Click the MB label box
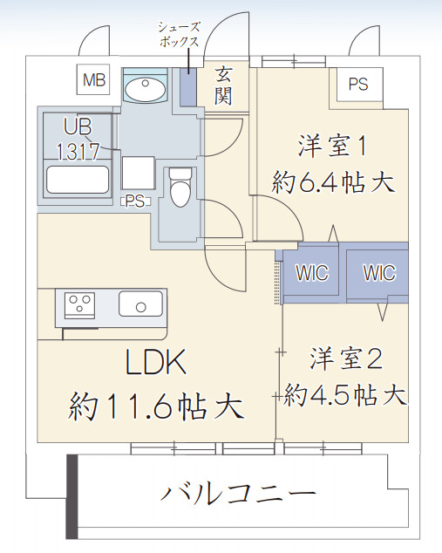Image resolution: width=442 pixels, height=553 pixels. tap(94, 81)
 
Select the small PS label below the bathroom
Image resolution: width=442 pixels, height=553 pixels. tap(134, 201)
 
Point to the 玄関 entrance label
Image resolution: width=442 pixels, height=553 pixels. tap(224, 85)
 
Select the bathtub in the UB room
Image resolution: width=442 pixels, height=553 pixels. tap(77, 181)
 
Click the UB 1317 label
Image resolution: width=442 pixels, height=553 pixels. tap(78, 137)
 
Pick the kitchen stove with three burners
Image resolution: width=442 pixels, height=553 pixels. tap(81, 305)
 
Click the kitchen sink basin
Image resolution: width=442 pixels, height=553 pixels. tap(140, 305)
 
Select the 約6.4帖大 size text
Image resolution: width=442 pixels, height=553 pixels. tap(334, 182)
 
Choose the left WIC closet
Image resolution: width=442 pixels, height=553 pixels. tap(311, 273)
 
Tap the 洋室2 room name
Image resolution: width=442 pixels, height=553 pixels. tap(346, 358)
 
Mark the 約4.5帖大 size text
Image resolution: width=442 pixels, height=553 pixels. tap(346, 394)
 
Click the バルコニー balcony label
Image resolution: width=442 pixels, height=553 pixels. tap(237, 495)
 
